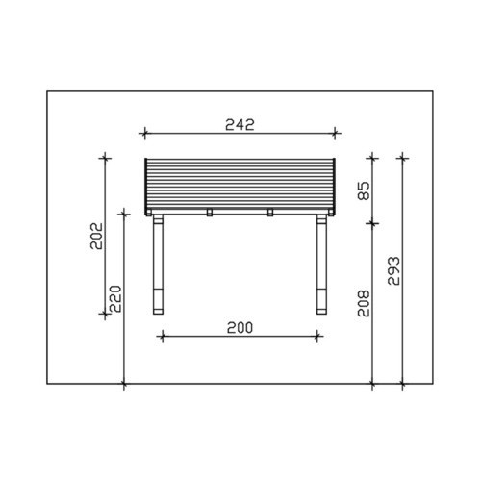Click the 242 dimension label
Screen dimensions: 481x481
(x=240, y=124)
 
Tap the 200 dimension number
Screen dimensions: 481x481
(x=240, y=328)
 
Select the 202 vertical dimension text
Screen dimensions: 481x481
(x=96, y=236)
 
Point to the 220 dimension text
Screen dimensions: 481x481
(x=115, y=299)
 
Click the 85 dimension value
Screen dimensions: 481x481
(x=364, y=190)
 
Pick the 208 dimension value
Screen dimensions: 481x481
(x=364, y=303)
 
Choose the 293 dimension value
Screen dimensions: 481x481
(x=393, y=271)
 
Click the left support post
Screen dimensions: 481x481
(x=158, y=265)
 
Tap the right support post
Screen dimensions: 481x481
(x=321, y=265)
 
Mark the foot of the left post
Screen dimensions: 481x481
(x=158, y=312)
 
